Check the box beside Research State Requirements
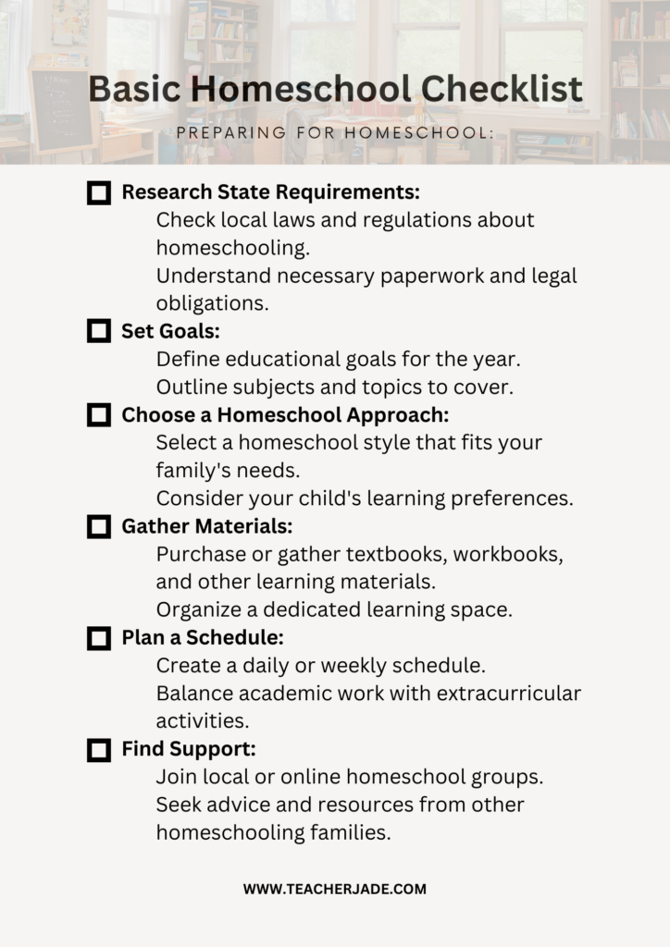pyautogui.click(x=98, y=193)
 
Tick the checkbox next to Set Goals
pyautogui.click(x=98, y=331)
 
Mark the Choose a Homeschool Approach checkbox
pyautogui.click(x=98, y=415)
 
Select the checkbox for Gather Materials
pyautogui.click(x=98, y=527)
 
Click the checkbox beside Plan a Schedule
pyautogui.click(x=98, y=638)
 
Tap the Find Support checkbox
pyautogui.click(x=98, y=750)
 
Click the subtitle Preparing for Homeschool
pyautogui.click(x=335, y=132)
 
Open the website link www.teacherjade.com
pyautogui.click(x=335, y=889)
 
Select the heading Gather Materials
pyautogui.click(x=207, y=526)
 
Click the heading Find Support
pyautogui.click(x=189, y=749)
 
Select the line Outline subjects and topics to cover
pyautogui.click(x=335, y=387)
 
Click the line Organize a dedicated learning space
pyautogui.click(x=334, y=609)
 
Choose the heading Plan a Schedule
pyautogui.click(x=203, y=638)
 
